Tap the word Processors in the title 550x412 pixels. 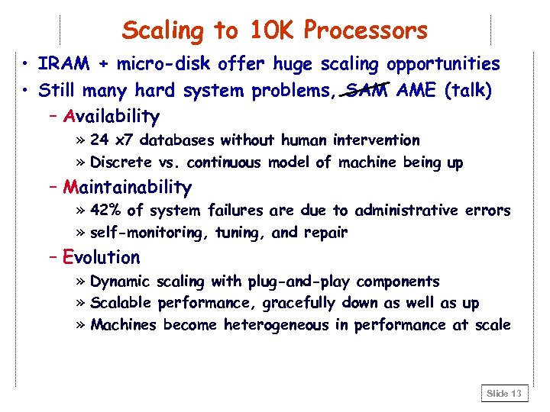365,31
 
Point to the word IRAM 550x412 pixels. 61,65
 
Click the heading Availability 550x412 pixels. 112,117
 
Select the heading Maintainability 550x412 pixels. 128,187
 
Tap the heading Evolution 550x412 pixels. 102,258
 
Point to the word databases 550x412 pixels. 180,140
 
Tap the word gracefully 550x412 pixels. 299,304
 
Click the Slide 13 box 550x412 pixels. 504,393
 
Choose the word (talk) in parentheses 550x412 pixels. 465,91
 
